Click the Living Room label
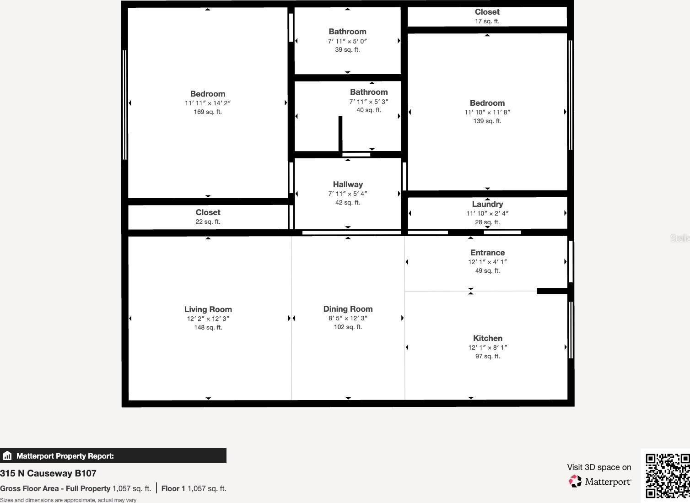[208, 309]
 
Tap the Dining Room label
[348, 309]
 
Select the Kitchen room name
[487, 338]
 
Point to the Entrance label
[487, 253]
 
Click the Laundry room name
[487, 204]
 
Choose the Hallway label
[348, 184]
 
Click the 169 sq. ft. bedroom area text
[208, 112]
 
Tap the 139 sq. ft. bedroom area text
[487, 121]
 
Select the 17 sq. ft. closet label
[487, 21]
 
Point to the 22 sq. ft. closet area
[208, 222]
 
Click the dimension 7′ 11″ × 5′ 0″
[347, 41]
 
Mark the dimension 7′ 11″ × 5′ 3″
[369, 102]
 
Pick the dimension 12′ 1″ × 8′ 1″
[488, 347]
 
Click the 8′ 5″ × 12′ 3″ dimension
[348, 318]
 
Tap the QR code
[667, 476]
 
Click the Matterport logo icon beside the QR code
[575, 481]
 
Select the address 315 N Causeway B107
[48, 473]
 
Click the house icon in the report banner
[7, 455]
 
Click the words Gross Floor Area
[29, 488]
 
